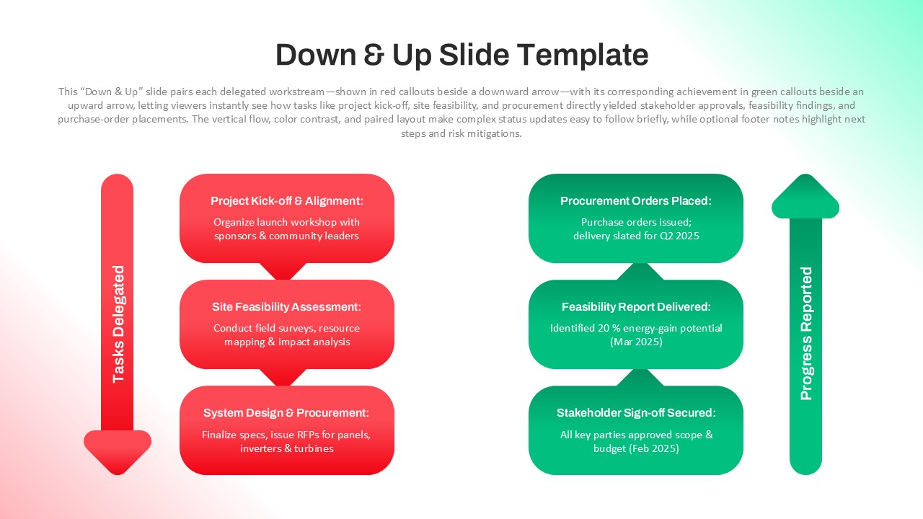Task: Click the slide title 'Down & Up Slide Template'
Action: click(461, 56)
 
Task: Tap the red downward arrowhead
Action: click(118, 451)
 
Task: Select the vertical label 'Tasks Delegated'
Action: click(118, 324)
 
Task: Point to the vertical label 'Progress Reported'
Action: click(806, 333)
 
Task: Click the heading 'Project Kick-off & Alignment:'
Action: click(286, 201)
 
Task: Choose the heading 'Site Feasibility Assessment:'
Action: click(286, 307)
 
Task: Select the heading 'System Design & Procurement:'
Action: click(286, 413)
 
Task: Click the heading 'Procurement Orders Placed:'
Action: click(635, 201)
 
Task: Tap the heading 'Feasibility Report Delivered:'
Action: click(635, 307)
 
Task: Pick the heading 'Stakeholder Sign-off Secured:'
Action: click(635, 413)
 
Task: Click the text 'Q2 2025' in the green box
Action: click(679, 236)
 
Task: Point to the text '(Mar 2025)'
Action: click(635, 342)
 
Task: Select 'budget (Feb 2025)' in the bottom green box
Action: click(635, 448)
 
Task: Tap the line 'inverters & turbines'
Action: click(286, 448)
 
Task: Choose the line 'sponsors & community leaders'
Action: click(286, 236)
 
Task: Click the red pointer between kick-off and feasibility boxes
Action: click(283, 272)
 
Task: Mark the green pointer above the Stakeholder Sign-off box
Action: click(640, 377)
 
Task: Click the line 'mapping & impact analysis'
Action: click(286, 342)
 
